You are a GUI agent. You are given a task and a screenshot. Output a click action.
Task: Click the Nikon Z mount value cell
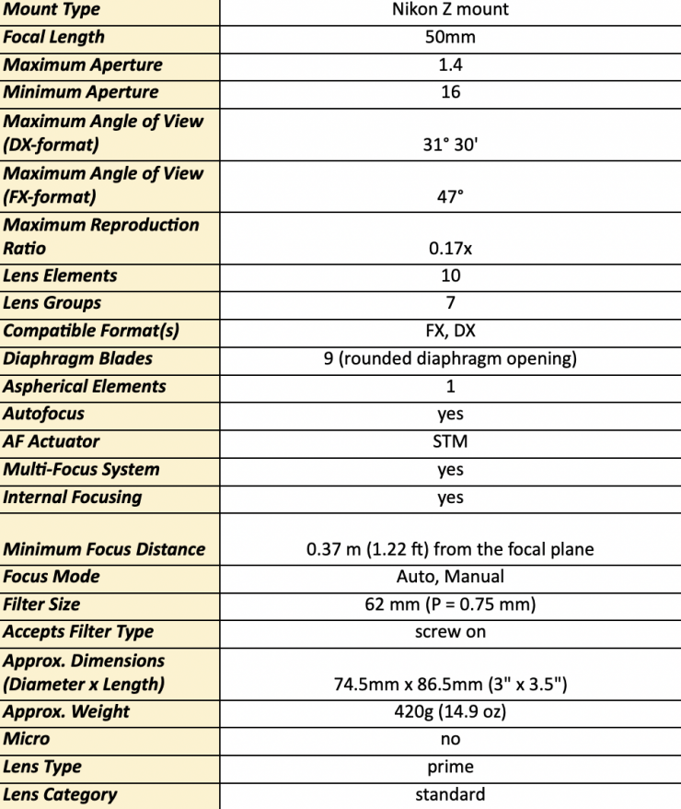point(450,10)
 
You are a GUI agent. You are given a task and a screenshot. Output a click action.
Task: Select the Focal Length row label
point(54,38)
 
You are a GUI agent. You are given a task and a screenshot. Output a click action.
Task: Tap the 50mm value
point(450,38)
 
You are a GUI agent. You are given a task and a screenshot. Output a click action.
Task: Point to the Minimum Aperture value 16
point(450,92)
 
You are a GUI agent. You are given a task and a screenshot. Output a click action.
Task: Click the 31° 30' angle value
point(450,146)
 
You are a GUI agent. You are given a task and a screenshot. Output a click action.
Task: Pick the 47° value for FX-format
point(450,197)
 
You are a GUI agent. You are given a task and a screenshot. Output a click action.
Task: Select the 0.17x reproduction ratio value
point(450,249)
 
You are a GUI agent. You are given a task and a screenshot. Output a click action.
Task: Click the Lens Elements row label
point(61,276)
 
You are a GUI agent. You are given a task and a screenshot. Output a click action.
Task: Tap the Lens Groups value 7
point(450,302)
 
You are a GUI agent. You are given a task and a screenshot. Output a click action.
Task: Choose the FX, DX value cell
point(450,331)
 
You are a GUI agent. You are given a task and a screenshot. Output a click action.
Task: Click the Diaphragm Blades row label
point(77,358)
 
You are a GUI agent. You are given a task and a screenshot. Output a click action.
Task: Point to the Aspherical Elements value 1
point(450,386)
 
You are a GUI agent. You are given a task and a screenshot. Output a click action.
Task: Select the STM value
point(450,441)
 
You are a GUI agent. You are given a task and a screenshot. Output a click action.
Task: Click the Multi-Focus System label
point(81,469)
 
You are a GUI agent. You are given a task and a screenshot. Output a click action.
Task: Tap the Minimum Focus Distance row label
point(104,549)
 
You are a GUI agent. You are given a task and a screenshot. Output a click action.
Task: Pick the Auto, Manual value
point(450,577)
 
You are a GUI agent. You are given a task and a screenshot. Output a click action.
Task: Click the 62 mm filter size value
point(450,604)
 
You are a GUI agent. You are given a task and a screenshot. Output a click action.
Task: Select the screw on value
point(450,632)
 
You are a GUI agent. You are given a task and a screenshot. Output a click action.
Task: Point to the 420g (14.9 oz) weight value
point(450,711)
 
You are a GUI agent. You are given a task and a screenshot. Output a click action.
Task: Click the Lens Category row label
point(61,794)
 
